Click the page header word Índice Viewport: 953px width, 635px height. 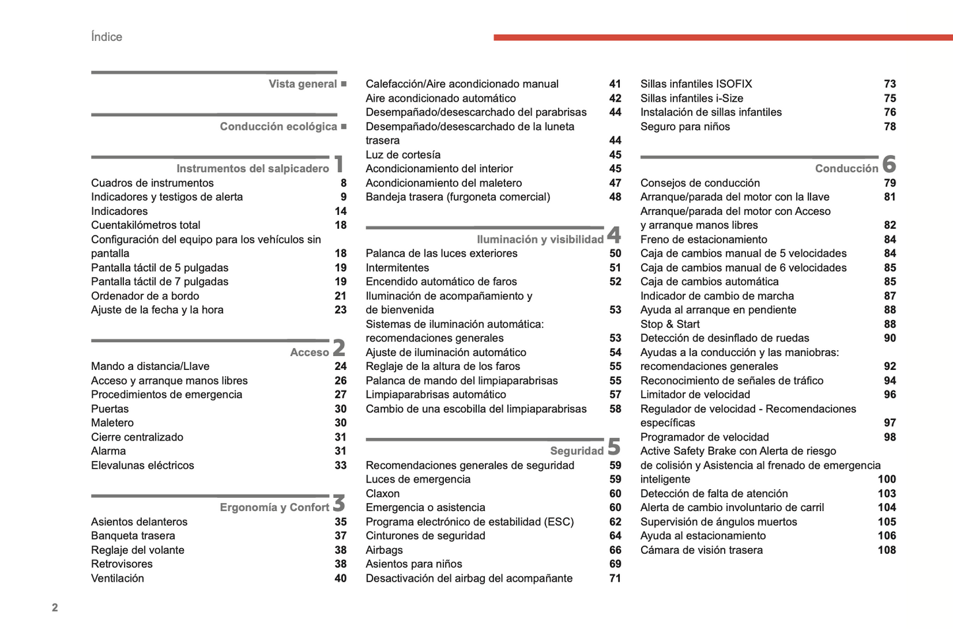106,37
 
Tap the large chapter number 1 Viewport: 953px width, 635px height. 339,164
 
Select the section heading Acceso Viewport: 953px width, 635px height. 309,352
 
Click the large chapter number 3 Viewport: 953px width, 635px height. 339,503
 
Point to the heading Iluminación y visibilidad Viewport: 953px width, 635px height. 539,239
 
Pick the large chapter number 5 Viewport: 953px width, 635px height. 614,446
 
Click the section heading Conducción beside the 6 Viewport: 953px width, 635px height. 846,169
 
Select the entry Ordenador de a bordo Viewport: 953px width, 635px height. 145,296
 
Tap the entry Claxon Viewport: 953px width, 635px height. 383,493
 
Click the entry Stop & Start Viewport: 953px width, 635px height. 669,324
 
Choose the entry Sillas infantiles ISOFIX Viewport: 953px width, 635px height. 696,84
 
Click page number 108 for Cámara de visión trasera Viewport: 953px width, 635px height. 886,550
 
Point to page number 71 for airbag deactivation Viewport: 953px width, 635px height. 615,578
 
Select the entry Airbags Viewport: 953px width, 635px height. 384,550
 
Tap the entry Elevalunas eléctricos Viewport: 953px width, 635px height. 142,465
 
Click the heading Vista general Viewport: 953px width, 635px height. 303,84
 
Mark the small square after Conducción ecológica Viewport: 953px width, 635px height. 344,126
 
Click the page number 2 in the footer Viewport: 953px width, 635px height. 55,607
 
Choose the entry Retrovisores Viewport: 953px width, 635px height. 122,564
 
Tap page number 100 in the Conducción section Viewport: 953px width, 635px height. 886,479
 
